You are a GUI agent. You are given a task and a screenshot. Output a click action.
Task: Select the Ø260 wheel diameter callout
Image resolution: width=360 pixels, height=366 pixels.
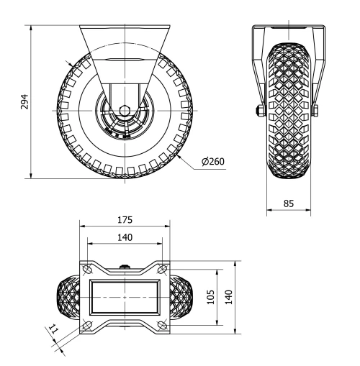click(214, 161)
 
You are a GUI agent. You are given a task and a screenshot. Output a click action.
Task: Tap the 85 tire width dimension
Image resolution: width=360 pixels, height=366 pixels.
click(288, 203)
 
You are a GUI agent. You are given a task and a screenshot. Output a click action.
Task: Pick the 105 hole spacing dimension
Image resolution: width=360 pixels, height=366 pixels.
click(209, 297)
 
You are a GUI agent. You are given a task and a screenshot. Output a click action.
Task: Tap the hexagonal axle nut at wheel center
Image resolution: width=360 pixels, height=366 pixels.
click(125, 111)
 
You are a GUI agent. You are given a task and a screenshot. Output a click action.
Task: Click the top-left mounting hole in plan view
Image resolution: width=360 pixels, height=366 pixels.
click(87, 270)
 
